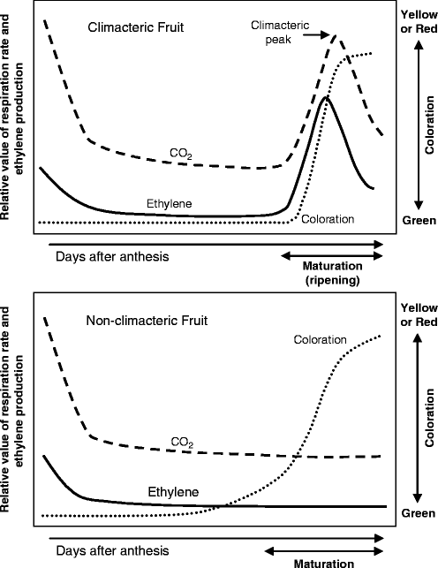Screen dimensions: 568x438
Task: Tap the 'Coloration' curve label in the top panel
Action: click(328, 219)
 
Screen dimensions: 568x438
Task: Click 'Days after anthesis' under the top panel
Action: click(100, 256)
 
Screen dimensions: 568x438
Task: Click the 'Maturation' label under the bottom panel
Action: click(334, 563)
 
